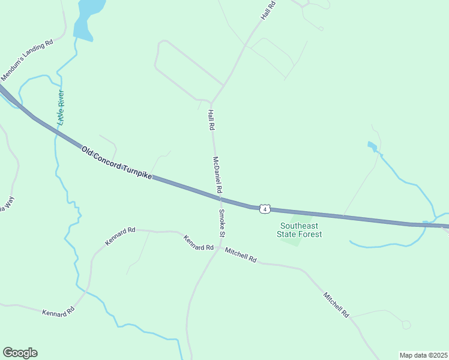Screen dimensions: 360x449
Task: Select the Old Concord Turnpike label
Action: click(x=117, y=162)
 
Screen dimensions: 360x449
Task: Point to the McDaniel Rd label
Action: click(x=217, y=175)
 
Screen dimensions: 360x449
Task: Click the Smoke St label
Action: click(x=221, y=223)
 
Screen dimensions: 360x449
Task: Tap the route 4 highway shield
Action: click(x=264, y=208)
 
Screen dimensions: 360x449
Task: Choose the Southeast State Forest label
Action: click(x=300, y=230)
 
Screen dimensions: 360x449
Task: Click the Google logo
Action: click(x=20, y=353)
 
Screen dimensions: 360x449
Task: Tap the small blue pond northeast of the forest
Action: click(x=372, y=146)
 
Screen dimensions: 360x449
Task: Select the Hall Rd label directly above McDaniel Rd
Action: click(x=211, y=120)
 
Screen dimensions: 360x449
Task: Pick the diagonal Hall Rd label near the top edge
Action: click(x=268, y=11)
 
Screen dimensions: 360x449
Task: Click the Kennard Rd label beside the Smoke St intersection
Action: click(x=199, y=243)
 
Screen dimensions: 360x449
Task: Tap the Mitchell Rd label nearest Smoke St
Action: click(x=241, y=256)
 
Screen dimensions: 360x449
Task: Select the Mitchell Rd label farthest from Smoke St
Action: click(x=336, y=304)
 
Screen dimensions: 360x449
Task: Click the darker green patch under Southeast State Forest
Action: click(x=292, y=242)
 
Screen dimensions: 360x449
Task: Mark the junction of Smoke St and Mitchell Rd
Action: click(x=220, y=247)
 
